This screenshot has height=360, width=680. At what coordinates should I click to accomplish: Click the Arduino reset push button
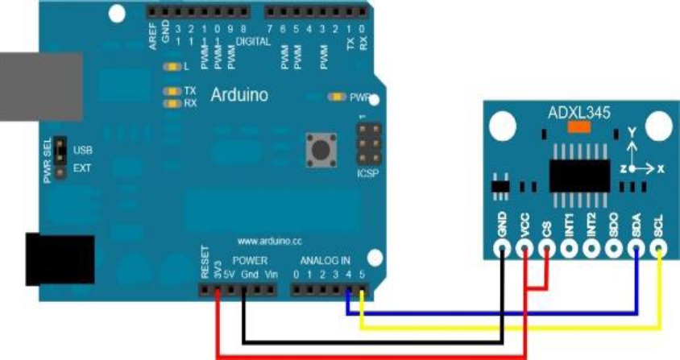pos(320,149)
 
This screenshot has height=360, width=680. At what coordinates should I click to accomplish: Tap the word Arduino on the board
pos(239,95)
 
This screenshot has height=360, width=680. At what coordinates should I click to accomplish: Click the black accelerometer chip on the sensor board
pos(579,174)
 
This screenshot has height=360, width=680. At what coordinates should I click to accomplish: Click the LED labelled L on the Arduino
pos(170,67)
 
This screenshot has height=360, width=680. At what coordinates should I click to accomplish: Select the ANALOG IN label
pos(325,260)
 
